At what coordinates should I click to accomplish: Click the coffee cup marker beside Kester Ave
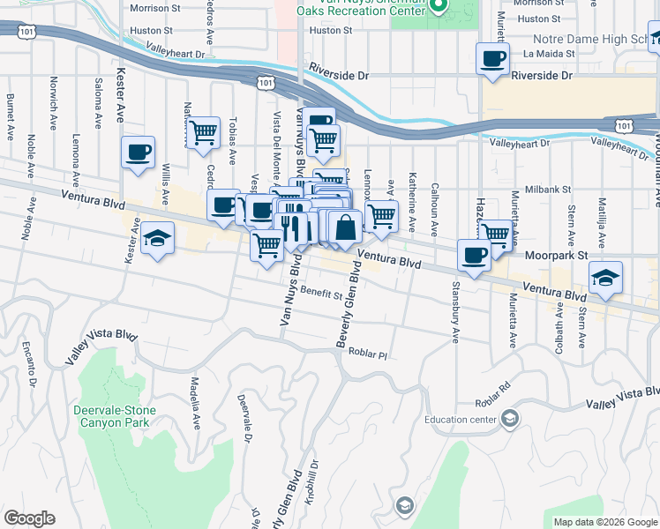click(x=138, y=153)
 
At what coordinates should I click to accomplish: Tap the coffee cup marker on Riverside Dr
click(x=492, y=59)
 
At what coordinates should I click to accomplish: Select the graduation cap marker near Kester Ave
click(x=157, y=238)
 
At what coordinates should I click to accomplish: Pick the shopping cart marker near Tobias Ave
click(x=204, y=133)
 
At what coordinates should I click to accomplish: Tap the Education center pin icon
click(x=509, y=420)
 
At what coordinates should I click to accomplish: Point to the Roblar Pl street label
click(x=368, y=354)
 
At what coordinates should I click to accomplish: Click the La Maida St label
click(x=549, y=53)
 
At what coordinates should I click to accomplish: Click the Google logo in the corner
click(x=29, y=518)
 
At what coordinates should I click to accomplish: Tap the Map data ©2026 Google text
click(x=605, y=522)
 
